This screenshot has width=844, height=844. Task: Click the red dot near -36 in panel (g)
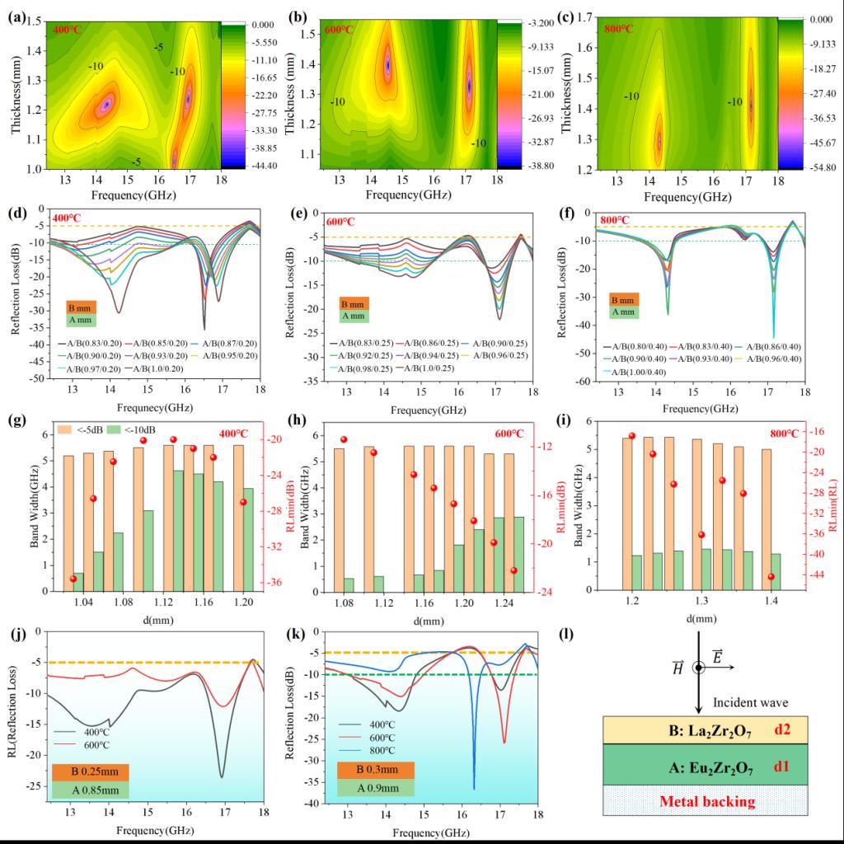coord(73,579)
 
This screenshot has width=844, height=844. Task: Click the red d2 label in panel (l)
coord(782,729)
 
